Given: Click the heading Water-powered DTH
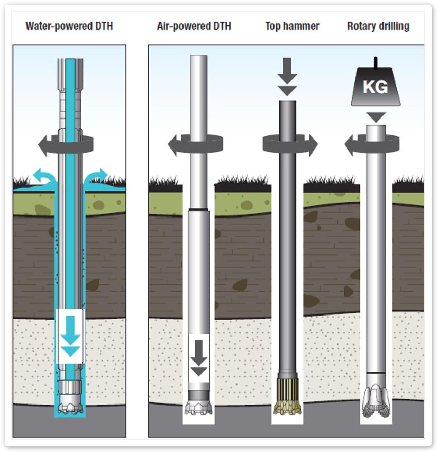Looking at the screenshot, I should tap(69, 26).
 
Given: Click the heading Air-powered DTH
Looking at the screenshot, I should tap(194, 26).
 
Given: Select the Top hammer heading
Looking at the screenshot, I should tap(292, 26).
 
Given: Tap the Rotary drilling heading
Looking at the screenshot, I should tap(378, 26).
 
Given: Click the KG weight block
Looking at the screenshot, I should tap(376, 87).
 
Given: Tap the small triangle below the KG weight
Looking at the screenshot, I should tap(376, 117).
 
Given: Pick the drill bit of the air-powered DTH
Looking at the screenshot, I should tap(198, 407).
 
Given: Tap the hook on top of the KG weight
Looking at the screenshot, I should tap(376, 63).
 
